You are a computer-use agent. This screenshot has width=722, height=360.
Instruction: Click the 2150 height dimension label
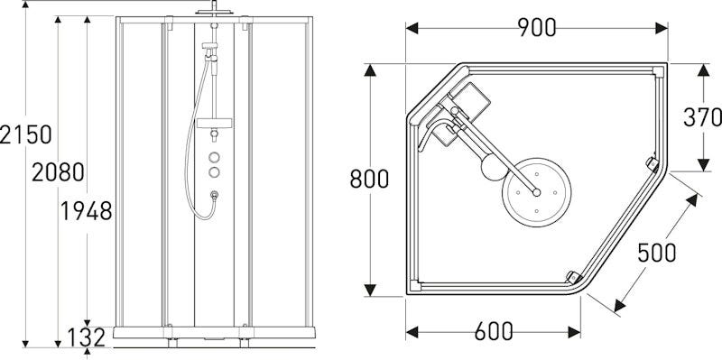(26, 134)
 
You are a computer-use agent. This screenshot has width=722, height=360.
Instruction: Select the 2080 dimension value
(58, 172)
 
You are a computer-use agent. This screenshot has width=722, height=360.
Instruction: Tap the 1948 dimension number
(87, 211)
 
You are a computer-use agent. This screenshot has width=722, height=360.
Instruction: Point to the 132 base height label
(87, 338)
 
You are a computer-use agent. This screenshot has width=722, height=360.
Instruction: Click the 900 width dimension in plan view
(537, 28)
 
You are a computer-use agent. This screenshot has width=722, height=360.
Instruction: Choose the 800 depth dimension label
(369, 179)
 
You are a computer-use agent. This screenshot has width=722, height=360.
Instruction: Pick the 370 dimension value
(702, 117)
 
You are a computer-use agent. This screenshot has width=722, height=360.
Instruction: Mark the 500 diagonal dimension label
(657, 253)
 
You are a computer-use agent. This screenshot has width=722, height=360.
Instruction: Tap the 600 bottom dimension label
(494, 331)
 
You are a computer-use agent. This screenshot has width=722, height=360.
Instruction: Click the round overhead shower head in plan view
(536, 192)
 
